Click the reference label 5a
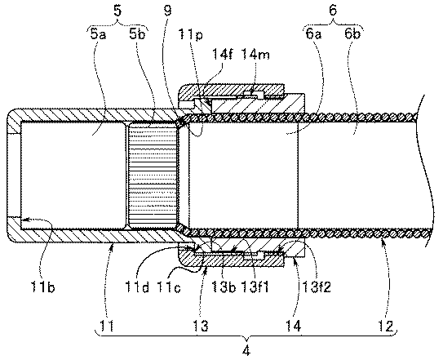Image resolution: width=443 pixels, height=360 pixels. click(x=99, y=35)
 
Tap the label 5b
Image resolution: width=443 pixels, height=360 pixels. click(x=137, y=35)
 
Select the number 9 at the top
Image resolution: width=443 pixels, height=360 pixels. click(x=168, y=11)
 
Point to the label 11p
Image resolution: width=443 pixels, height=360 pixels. click(x=190, y=36)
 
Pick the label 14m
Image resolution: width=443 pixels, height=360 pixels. click(x=255, y=54)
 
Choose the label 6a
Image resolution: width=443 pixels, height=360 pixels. click(x=313, y=34)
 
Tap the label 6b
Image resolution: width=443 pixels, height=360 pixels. click(x=352, y=34)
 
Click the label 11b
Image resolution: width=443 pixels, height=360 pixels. click(x=43, y=287)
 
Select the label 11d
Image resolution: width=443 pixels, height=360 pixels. click(x=137, y=287)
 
